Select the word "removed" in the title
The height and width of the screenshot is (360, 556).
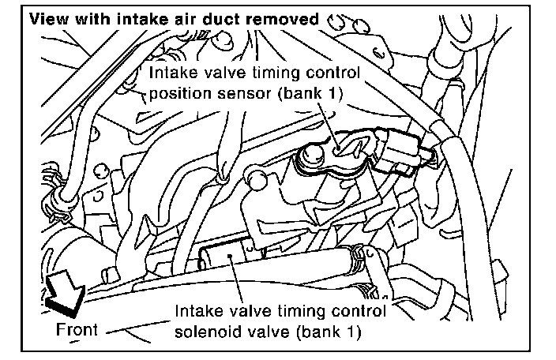[291, 17]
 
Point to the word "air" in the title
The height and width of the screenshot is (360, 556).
[202, 17]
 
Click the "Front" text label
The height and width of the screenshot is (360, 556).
[77, 328]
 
